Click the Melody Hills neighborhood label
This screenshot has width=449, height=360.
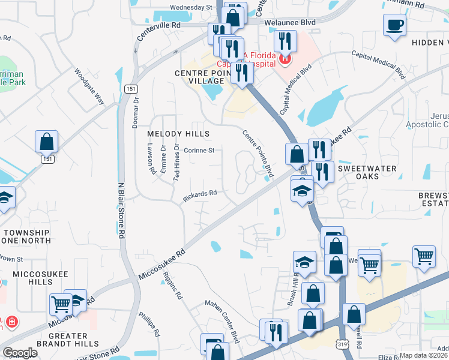coord(178,133)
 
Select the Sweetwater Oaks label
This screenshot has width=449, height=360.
coord(367,172)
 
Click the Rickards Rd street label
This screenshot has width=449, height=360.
coord(200,196)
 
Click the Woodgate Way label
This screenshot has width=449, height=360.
coord(90,87)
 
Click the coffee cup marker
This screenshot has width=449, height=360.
coord(394,25)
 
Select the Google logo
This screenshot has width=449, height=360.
coord(19,353)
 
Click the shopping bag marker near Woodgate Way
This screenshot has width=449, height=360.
coord(46,142)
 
